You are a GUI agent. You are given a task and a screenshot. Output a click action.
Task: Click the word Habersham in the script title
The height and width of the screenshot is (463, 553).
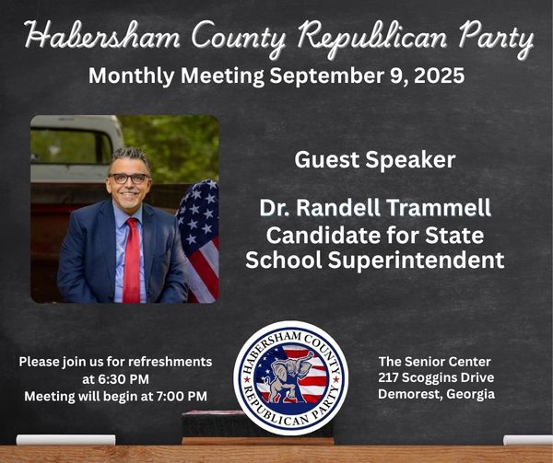pyautogui.click(x=102, y=36)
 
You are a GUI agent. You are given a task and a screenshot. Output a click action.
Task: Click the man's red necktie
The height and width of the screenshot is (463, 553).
pyautogui.click(x=132, y=260)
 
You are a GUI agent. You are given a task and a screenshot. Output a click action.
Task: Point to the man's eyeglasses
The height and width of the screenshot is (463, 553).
pyautogui.click(x=129, y=179)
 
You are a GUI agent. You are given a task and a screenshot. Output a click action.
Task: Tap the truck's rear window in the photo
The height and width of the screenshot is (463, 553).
pyautogui.click(x=71, y=146)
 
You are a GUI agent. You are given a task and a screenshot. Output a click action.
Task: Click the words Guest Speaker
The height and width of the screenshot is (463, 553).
pyautogui.click(x=375, y=160)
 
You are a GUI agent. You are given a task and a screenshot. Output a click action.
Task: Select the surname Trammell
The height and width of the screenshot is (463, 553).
pyautogui.click(x=439, y=207)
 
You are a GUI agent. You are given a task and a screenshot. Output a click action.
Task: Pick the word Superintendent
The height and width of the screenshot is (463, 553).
pyautogui.click(x=417, y=260)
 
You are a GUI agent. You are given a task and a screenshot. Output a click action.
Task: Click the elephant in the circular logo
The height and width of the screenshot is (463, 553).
pyautogui.click(x=288, y=376)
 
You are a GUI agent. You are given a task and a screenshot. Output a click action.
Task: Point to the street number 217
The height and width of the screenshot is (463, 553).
pyautogui.click(x=388, y=377)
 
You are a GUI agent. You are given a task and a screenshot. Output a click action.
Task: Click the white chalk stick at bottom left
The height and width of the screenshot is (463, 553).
pyautogui.click(x=66, y=440)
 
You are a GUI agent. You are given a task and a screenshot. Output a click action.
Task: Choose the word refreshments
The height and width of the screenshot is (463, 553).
pyautogui.click(x=170, y=362)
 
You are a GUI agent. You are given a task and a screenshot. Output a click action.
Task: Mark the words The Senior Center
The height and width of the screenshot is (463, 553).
pyautogui.click(x=435, y=362)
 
